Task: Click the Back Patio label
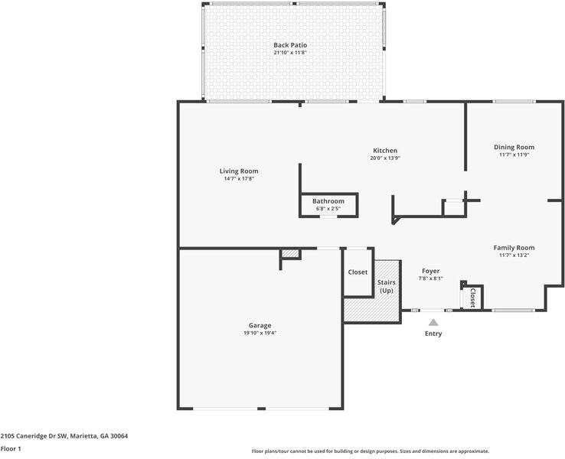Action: [x=290, y=45]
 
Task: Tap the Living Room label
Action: [x=239, y=171]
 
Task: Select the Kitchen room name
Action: [x=385, y=150]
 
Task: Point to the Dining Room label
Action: [x=514, y=147]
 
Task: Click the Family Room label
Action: [x=514, y=247]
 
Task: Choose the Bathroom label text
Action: [x=328, y=201]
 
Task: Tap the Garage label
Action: [x=260, y=325]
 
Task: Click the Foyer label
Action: [x=430, y=271]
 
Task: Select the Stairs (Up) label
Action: [x=387, y=286]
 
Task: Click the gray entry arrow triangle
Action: [x=433, y=323]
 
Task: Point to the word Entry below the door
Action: [x=433, y=334]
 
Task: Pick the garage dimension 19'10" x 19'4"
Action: [x=260, y=333]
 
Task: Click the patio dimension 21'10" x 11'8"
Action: [x=290, y=53]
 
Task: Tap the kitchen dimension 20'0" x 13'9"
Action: [x=385, y=158]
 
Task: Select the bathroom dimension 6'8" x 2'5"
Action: [x=328, y=208]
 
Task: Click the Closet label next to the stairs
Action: [x=358, y=272]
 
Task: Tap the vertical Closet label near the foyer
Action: [x=473, y=297]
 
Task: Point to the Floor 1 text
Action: [x=11, y=449]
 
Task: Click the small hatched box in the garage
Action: [x=289, y=254]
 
